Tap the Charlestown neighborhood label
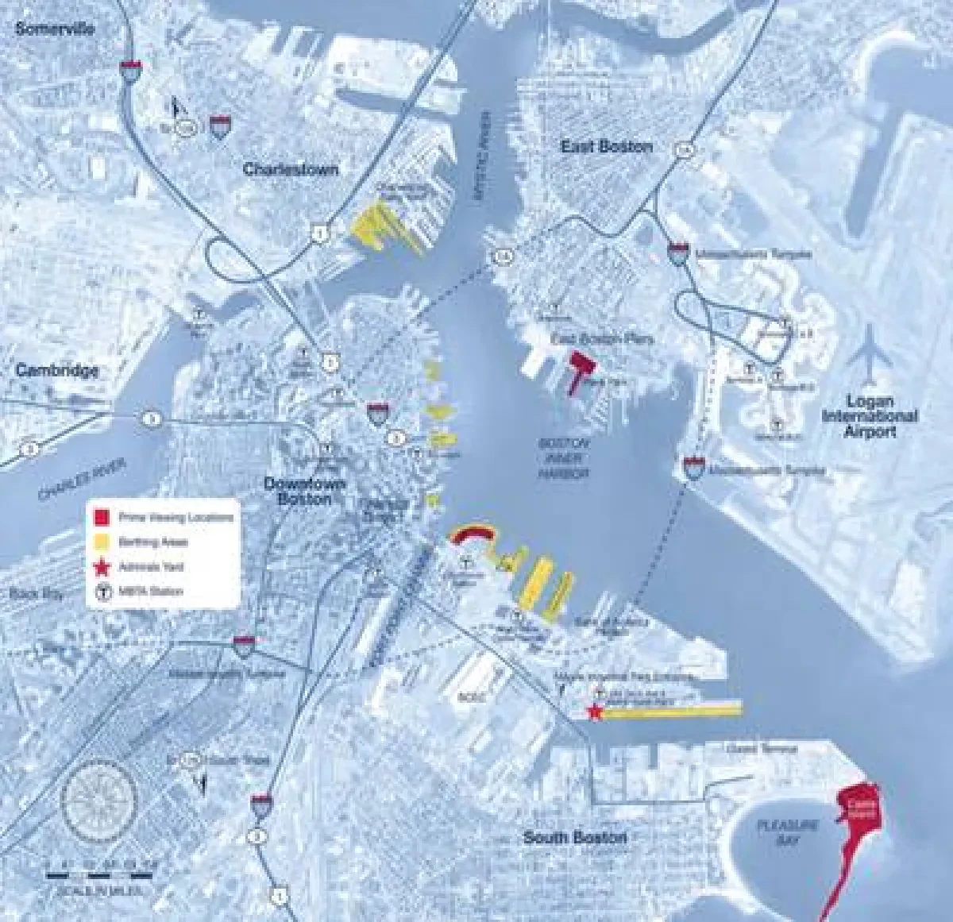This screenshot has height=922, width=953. (290, 169)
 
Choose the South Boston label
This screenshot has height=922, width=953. (575, 838)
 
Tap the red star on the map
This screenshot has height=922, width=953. (593, 712)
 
